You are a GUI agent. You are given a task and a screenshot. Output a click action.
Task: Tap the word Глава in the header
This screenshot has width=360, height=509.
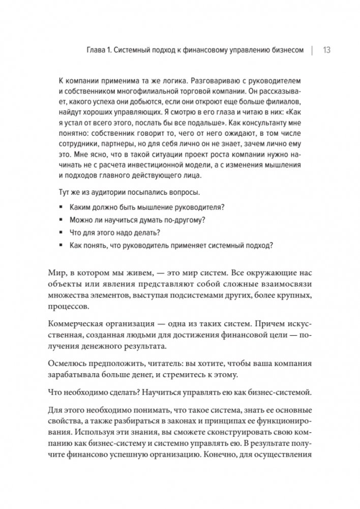98,50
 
